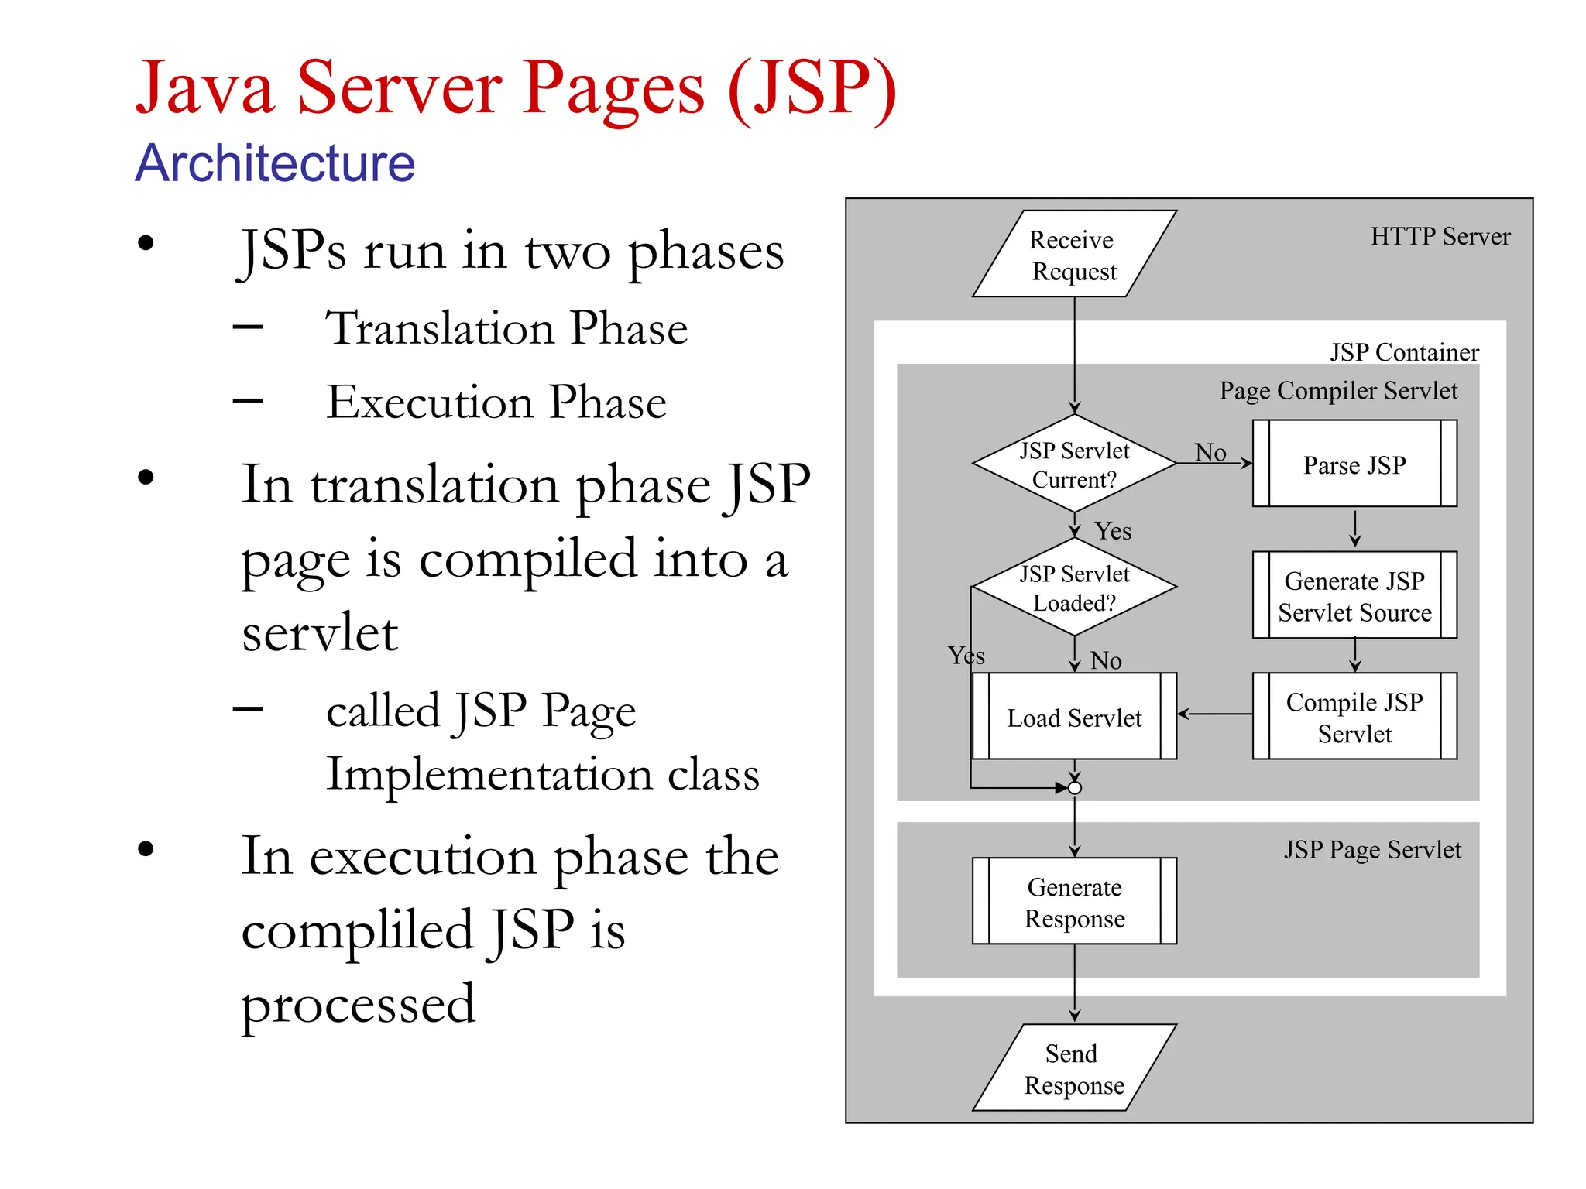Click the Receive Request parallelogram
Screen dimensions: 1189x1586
1074,254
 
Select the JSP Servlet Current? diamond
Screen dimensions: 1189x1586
1074,464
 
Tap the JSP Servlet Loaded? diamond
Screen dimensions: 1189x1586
1074,587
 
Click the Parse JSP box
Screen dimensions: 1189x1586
1354,464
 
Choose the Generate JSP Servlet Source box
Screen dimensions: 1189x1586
1354,595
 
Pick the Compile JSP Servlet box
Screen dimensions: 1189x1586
1354,716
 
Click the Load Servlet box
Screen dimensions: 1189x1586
1074,717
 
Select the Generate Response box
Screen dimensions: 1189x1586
1074,901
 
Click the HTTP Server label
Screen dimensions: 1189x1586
1440,236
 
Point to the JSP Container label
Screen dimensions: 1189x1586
1404,352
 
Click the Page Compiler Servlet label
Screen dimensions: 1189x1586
1338,390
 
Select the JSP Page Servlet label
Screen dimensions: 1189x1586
1372,849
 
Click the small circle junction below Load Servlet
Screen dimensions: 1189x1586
1075,788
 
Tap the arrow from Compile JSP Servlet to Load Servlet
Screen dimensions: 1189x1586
1214,714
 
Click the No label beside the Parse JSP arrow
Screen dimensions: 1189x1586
1210,452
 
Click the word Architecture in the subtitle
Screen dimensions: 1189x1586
275,163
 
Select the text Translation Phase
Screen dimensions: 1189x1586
506,328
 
